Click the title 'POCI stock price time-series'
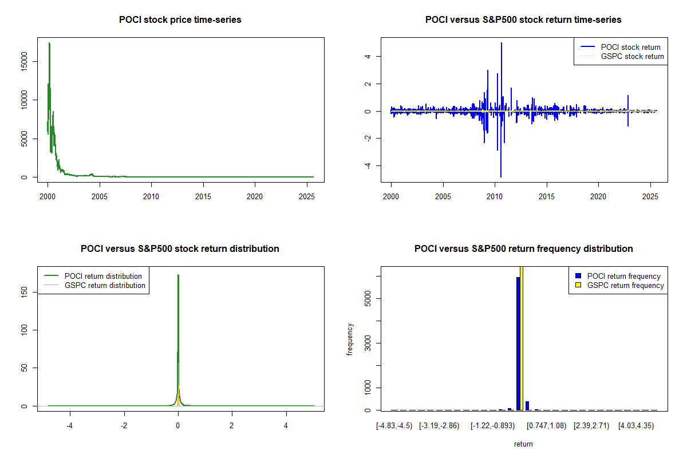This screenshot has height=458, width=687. [x=180, y=20]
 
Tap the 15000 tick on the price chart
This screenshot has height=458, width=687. [x=23, y=61]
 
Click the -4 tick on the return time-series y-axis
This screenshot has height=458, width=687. [x=367, y=165]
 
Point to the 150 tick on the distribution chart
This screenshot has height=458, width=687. [x=23, y=292]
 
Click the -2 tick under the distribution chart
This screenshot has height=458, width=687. [x=124, y=425]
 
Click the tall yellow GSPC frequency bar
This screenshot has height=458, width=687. [x=522, y=338]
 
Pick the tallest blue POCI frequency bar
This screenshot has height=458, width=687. [x=518, y=343]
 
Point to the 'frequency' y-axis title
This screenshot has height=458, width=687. [x=350, y=339]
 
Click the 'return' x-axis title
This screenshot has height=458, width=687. [x=523, y=444]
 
